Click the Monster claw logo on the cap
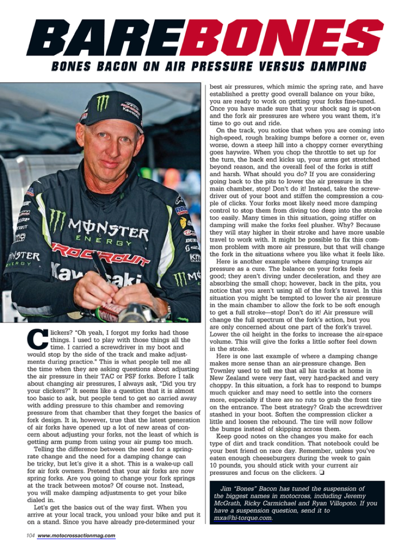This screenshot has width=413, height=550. tap(102, 103)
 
